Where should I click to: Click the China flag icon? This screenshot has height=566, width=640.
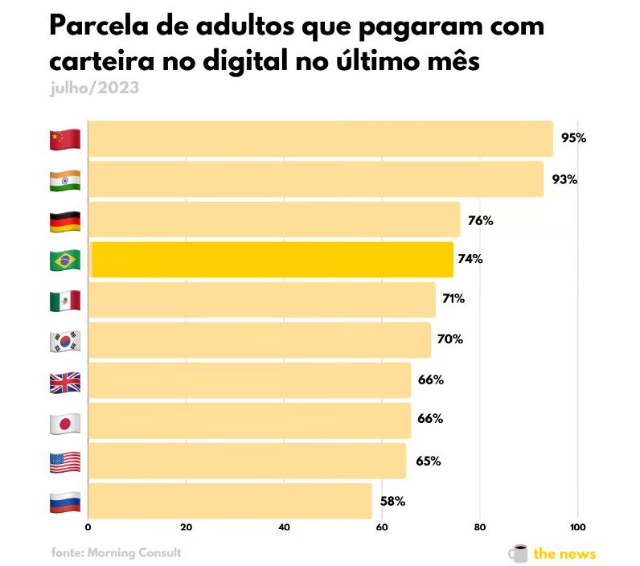tap(65, 139)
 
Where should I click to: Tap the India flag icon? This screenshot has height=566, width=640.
tap(65, 180)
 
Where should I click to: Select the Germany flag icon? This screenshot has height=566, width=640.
tap(65, 220)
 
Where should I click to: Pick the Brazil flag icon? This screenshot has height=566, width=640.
tap(65, 260)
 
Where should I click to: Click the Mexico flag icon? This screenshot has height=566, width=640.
tap(65, 301)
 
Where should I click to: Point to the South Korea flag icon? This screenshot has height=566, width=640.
tap(65, 341)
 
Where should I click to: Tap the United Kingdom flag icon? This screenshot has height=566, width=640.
tap(65, 382)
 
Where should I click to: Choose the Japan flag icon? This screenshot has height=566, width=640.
tap(65, 422)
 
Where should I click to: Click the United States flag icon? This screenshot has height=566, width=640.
tap(65, 462)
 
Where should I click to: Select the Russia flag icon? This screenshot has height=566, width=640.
tap(65, 502)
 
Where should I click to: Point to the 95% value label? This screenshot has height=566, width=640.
tap(573, 138)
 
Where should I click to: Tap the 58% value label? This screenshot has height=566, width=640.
tap(392, 502)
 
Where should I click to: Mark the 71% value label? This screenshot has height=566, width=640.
tap(453, 299)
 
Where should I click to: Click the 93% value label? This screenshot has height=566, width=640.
tap(564, 179)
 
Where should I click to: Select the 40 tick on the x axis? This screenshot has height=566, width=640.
tap(284, 527)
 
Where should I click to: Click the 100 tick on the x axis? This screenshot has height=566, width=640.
tap(576, 527)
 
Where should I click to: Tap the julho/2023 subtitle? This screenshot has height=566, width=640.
tap(93, 88)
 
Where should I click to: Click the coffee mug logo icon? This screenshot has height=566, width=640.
tap(519, 553)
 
